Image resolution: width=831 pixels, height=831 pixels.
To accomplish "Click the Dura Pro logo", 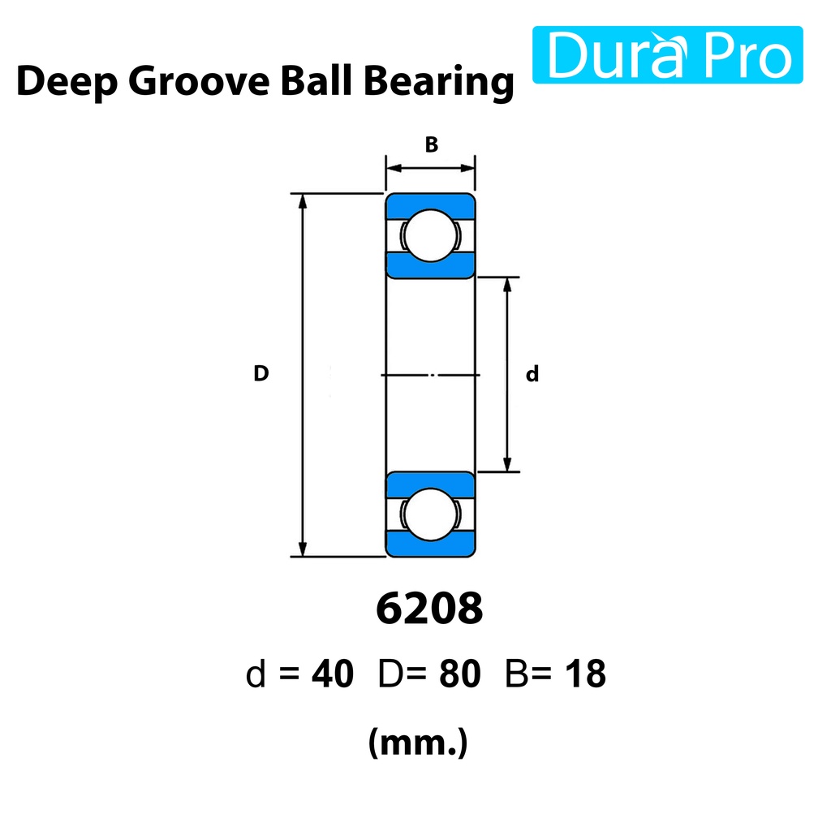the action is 667,54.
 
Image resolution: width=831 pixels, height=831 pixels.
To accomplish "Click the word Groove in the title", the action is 199,81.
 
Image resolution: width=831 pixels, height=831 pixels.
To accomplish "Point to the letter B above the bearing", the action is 432,144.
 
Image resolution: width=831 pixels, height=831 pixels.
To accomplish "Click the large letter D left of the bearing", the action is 260,373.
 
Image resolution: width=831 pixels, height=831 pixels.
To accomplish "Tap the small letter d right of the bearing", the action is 532,373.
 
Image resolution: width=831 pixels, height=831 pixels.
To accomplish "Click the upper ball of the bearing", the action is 430,235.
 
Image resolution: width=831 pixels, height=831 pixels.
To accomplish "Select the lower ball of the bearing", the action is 430,514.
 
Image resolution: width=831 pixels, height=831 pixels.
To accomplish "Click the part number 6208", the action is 429,609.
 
